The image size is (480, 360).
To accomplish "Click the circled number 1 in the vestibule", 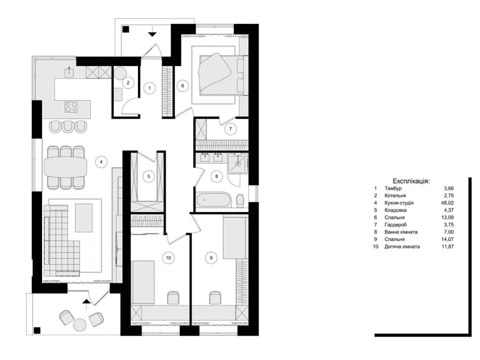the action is pyautogui.click(x=150, y=88).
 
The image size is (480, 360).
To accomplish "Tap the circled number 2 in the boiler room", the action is pyautogui.click(x=128, y=82).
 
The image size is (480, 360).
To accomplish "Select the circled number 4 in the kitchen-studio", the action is pyautogui.click(x=101, y=162).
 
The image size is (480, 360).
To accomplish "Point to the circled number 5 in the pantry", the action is pyautogui.click(x=149, y=176).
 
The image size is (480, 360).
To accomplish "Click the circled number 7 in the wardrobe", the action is pyautogui.click(x=230, y=129).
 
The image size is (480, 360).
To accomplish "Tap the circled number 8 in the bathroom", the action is pyautogui.click(x=217, y=176).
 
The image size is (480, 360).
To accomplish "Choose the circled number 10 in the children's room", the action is pyautogui.click(x=168, y=258).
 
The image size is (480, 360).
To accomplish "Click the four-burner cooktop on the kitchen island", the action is pyautogui.click(x=71, y=107).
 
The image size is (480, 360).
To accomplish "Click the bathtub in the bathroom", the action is pyautogui.click(x=213, y=200).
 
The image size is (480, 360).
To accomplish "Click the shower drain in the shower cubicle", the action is pyautogui.click(x=238, y=163).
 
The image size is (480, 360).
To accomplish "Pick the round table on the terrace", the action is pyautogui.click(x=79, y=325).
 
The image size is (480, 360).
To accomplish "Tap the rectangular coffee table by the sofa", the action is pyautogui.click(x=84, y=218).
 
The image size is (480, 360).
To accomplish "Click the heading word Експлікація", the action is pyautogui.click(x=411, y=181).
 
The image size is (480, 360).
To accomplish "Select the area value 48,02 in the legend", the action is pyautogui.click(x=447, y=203).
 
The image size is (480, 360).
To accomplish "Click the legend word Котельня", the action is pyautogui.click(x=395, y=195).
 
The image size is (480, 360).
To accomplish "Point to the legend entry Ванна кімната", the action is pyautogui.click(x=401, y=232).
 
